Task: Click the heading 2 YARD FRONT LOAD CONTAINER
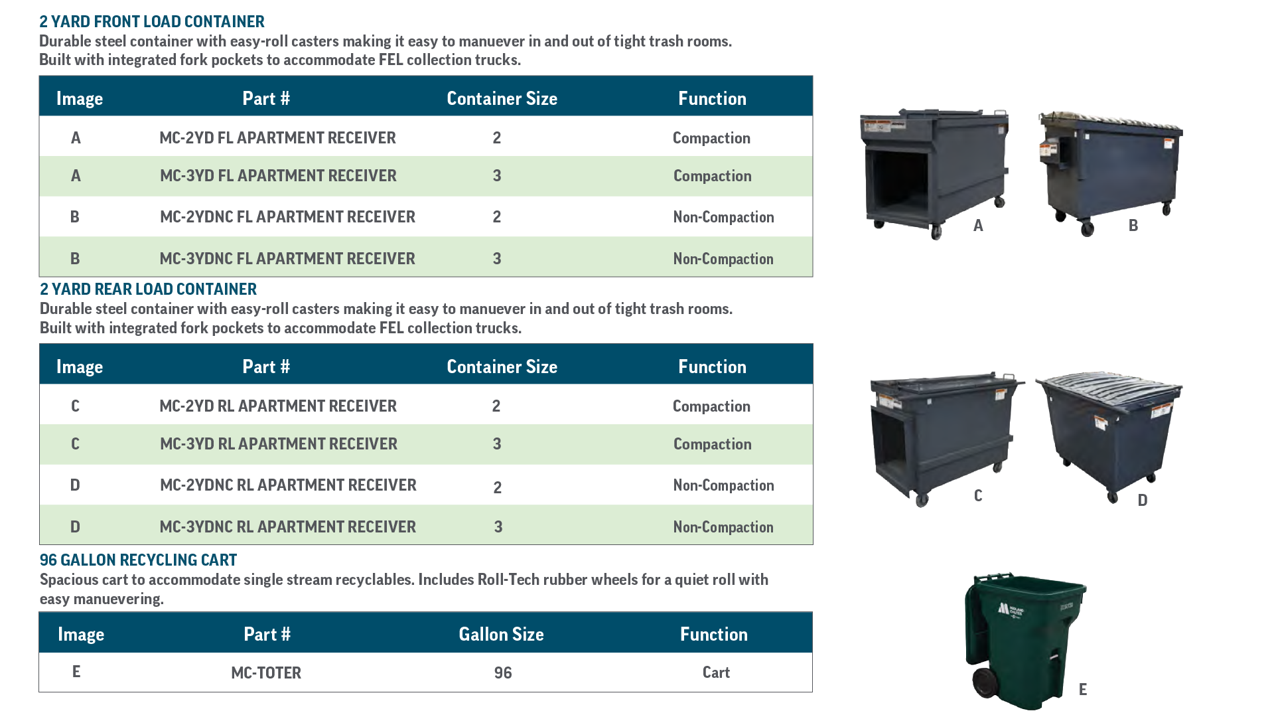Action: [x=152, y=22]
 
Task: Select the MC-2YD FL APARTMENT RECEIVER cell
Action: [x=277, y=138]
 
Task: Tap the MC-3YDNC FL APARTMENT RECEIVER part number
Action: [x=287, y=259]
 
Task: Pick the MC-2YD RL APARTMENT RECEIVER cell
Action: [x=278, y=406]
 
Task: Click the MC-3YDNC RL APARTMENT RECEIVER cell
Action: [x=287, y=527]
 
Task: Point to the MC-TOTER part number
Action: [x=266, y=673]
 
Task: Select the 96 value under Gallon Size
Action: [x=503, y=673]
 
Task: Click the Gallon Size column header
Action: [x=501, y=635]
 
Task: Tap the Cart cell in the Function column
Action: [x=716, y=673]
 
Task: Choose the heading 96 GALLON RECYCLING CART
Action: [x=138, y=560]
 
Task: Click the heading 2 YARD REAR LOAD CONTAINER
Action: [x=148, y=289]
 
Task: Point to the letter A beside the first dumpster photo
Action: [x=978, y=226]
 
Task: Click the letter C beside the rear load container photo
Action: [x=978, y=496]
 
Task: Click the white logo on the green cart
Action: [x=1010, y=609]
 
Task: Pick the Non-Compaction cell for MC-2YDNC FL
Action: [x=723, y=218]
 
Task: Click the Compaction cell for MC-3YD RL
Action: [x=712, y=445]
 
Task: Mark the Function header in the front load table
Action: [x=712, y=99]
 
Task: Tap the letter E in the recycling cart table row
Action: [x=76, y=672]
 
